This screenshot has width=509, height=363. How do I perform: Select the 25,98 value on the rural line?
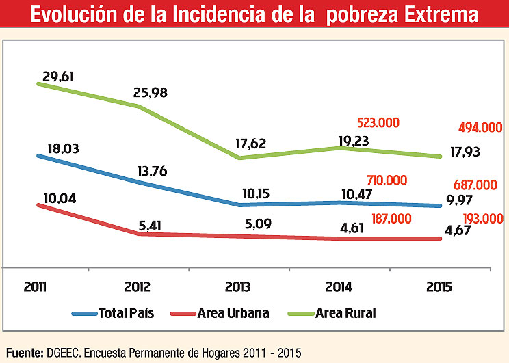coord(154,92)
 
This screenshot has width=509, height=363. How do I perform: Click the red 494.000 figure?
coord(481,127)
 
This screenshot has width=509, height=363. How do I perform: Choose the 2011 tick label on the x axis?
coord(35,286)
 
